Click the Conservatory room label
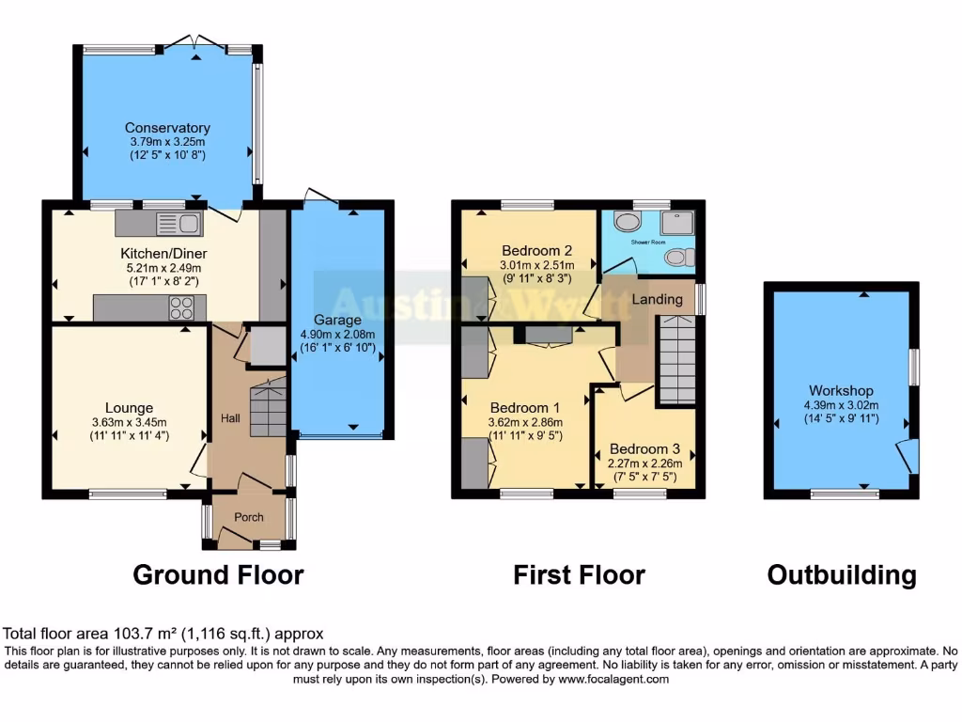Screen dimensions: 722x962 point(167,128)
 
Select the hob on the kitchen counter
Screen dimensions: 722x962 point(181,307)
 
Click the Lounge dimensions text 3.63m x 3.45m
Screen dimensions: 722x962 point(129,422)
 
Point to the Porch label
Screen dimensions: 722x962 point(249,517)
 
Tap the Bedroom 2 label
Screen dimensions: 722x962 point(536,251)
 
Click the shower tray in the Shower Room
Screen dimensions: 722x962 point(675,222)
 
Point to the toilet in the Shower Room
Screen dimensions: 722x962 point(678,258)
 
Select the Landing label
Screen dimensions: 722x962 point(657,299)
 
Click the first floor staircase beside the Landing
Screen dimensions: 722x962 point(675,360)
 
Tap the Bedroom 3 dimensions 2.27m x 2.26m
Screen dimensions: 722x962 point(644,463)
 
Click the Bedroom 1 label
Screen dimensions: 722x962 point(524,408)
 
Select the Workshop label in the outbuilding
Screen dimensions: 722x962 point(841,391)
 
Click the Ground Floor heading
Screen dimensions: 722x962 point(218,574)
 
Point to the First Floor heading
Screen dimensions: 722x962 point(579,574)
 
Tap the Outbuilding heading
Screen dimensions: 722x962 point(841,574)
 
